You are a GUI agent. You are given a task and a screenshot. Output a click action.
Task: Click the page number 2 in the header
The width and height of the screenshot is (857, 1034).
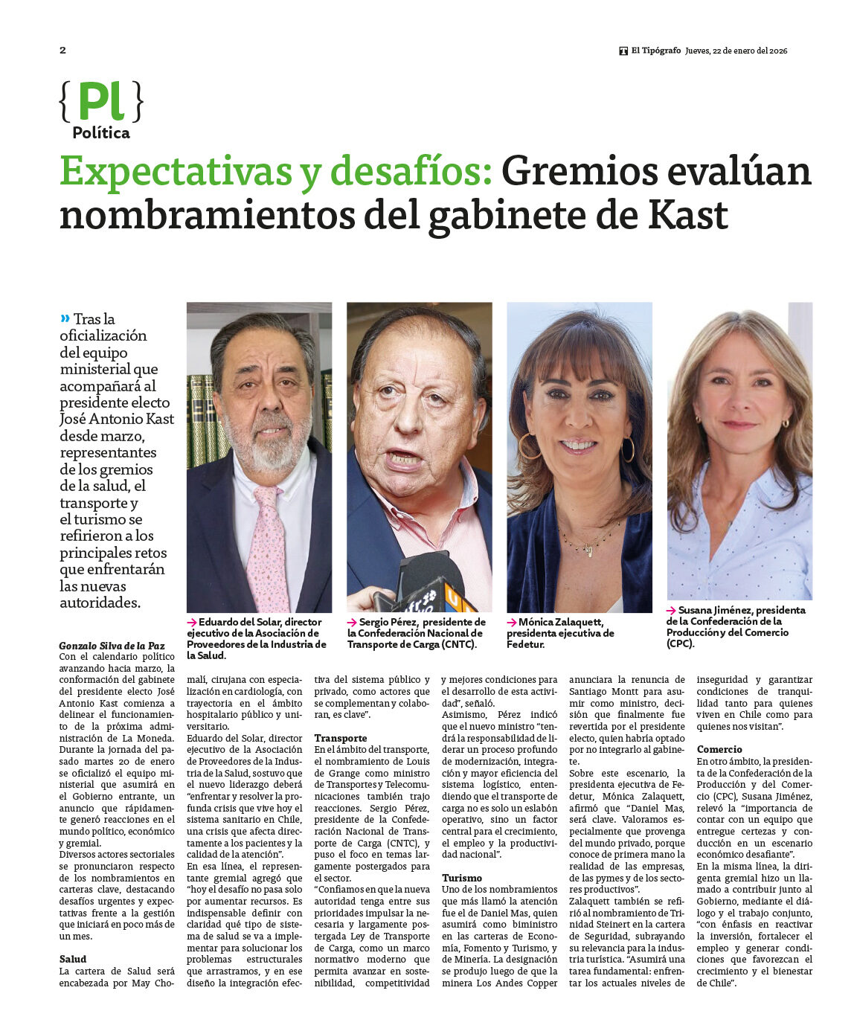(x=62, y=50)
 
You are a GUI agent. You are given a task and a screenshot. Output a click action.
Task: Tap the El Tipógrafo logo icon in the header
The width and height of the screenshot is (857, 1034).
(x=623, y=51)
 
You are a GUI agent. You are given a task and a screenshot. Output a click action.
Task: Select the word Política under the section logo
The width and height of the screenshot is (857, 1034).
(x=101, y=133)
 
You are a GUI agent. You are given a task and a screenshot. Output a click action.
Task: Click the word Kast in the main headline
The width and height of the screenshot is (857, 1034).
(x=688, y=216)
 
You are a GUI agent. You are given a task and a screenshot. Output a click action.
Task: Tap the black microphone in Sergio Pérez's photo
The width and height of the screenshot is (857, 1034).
(x=428, y=577)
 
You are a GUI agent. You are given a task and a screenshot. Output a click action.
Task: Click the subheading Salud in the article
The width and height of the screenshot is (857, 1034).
(x=73, y=959)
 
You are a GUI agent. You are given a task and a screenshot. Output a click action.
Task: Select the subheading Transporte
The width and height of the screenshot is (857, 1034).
(x=340, y=738)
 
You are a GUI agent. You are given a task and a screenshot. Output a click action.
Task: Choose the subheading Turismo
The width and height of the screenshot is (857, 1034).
(x=462, y=878)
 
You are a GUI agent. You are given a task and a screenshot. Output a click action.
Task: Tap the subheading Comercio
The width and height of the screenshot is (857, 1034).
(x=719, y=749)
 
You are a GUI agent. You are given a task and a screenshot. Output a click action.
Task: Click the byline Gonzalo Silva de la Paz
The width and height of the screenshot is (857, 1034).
(x=112, y=646)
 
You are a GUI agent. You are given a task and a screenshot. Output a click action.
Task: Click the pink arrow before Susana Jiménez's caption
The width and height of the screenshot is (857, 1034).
(x=671, y=611)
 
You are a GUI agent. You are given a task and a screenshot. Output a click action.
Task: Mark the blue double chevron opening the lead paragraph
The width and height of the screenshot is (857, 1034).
(x=65, y=318)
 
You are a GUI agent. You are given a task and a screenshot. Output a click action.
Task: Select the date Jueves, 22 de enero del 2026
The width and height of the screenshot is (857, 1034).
(x=736, y=51)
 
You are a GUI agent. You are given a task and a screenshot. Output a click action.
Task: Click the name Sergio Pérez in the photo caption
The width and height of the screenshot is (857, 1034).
(x=389, y=622)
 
